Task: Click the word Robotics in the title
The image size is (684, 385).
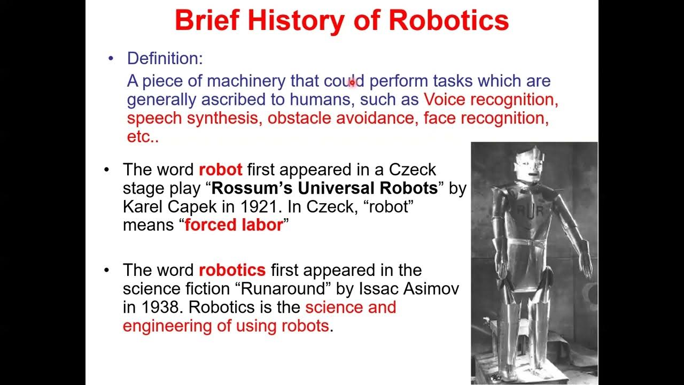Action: tap(448, 21)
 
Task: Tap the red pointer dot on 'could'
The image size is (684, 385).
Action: tap(352, 83)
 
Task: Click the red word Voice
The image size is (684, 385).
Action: tap(446, 99)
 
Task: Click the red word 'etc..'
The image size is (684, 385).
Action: tap(143, 136)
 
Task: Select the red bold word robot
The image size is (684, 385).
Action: tap(220, 170)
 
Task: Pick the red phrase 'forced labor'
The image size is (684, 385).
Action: tap(234, 225)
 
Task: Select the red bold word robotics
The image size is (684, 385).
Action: tap(232, 270)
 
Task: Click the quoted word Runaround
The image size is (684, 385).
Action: tap(285, 289)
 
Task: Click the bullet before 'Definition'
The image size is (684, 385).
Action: tap(111, 58)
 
